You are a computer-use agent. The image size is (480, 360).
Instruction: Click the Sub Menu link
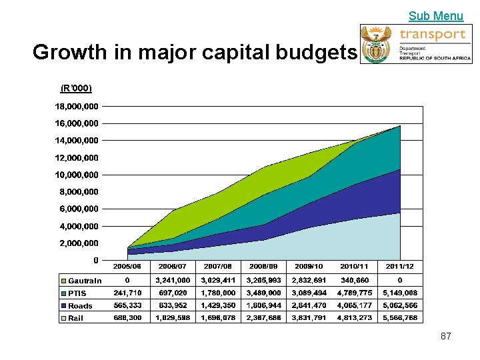point(435,16)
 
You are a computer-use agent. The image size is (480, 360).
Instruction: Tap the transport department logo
point(416,44)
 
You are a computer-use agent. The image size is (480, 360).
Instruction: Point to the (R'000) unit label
point(76,88)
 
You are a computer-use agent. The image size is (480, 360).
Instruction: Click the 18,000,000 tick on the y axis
point(75,106)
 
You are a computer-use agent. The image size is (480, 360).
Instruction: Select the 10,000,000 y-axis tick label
point(75,175)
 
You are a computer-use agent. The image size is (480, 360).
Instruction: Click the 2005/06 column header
point(127,266)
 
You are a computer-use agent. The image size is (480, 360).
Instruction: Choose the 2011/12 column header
point(400,266)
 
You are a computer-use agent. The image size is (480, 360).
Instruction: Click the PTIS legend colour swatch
point(64,293)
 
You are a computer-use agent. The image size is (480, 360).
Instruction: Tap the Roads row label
point(80,306)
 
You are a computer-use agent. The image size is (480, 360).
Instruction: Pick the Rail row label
point(75,319)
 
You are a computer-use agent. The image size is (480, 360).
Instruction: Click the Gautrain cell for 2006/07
point(173,280)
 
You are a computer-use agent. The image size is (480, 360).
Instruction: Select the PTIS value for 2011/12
point(400,293)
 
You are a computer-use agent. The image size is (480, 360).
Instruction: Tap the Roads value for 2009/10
point(309,305)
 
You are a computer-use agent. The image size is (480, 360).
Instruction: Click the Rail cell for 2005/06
point(127,318)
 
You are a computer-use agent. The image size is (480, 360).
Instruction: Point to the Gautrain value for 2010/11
point(355,280)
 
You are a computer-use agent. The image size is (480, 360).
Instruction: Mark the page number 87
point(446,336)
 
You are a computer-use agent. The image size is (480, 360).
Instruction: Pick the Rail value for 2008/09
point(263,318)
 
